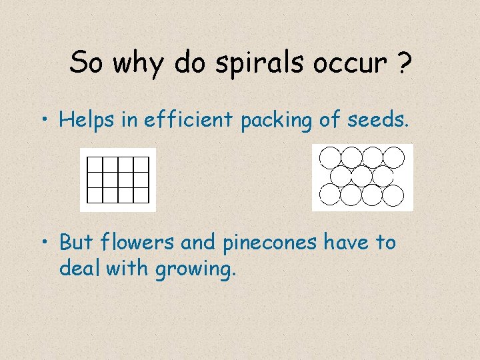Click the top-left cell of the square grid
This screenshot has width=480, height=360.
click(95, 164)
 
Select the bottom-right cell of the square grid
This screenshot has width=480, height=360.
click(141, 195)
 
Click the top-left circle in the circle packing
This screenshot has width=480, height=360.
click(330, 157)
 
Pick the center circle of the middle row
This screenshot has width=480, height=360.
click(361, 176)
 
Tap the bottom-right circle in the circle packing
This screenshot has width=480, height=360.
click(393, 195)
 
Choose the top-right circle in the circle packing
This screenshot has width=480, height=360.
click(393, 157)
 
